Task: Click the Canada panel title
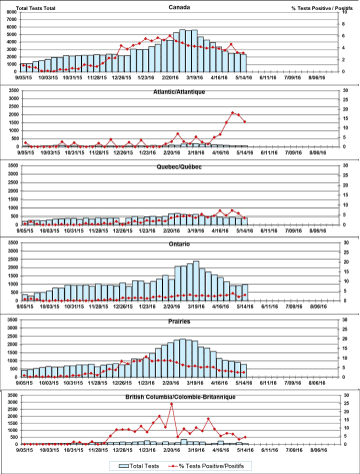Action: tap(179, 7)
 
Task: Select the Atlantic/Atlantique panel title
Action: tap(179, 92)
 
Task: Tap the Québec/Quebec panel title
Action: tap(179, 166)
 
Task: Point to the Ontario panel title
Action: tap(179, 244)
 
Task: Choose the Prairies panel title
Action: tap(179, 321)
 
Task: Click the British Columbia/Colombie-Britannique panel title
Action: tap(179, 396)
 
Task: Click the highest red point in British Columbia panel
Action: tap(171, 404)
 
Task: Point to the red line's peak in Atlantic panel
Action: tap(232, 113)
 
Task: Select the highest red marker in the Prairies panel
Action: tap(146, 356)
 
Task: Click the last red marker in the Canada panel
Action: tap(243, 53)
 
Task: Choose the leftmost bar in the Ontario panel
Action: tap(24, 297)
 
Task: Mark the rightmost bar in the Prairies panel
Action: tap(243, 370)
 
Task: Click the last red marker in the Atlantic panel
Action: tap(244, 121)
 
